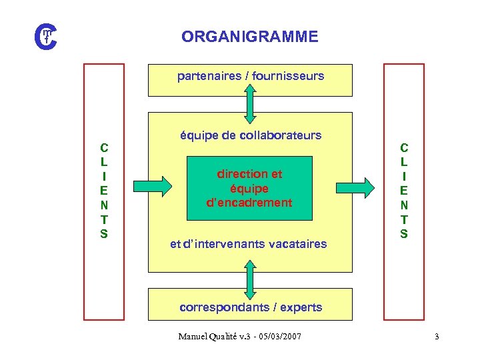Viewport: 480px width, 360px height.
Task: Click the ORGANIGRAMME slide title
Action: (249, 37)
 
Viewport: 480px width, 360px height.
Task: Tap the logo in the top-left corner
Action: (46, 35)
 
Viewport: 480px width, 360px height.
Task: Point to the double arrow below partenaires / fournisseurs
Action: (250, 105)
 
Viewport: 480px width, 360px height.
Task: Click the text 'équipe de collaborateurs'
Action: (251, 135)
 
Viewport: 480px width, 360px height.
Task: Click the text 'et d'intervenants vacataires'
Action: (249, 244)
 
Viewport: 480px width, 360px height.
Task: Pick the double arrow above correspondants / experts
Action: (250, 280)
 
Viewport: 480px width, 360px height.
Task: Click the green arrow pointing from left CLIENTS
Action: (152, 183)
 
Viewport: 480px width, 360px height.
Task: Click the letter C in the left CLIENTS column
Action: (104, 147)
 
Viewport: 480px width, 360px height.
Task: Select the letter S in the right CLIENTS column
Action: (404, 234)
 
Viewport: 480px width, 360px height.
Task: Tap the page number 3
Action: (437, 337)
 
